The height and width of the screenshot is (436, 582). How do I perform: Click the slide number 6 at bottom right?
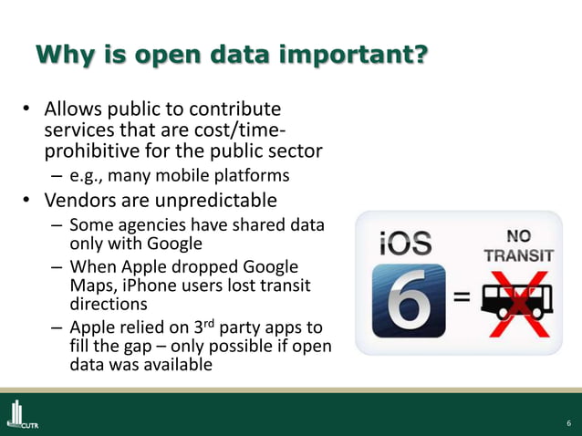tap(568, 422)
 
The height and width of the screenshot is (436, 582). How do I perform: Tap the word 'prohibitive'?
tap(94, 150)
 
